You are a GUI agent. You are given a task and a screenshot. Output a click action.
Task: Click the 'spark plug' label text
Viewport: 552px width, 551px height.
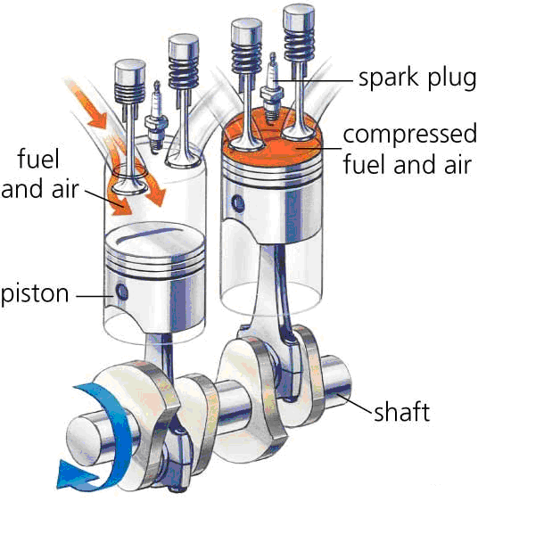[x=417, y=78]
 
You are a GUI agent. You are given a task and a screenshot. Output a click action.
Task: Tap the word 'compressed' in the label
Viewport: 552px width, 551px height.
[x=410, y=135]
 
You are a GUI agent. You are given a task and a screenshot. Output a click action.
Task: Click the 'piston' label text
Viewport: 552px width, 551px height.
[x=35, y=293]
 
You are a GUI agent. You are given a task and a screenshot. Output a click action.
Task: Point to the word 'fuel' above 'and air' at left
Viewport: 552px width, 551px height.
[x=38, y=159]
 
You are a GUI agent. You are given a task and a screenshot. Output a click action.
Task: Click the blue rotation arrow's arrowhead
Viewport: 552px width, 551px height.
[x=76, y=475]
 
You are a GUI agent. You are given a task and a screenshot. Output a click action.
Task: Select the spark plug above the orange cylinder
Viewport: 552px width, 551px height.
[x=271, y=88]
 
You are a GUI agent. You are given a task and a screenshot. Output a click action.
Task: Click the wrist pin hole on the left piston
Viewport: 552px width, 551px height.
[x=122, y=292]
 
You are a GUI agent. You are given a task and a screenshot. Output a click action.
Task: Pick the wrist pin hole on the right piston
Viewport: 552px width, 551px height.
[x=238, y=203]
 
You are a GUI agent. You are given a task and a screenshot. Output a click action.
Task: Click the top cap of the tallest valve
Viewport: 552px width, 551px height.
[x=299, y=17]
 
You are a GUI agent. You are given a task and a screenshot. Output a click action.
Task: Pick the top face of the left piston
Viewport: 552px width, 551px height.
[x=155, y=240]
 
